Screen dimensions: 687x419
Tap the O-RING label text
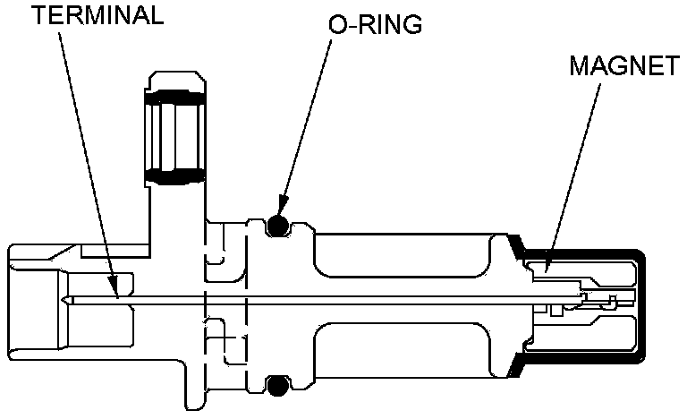(x=375, y=24)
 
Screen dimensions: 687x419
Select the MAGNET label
(x=624, y=65)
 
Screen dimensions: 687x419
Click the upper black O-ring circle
(x=278, y=226)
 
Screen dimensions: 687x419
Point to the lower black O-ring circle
(x=278, y=385)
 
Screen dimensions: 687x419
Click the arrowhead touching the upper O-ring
(x=283, y=205)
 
